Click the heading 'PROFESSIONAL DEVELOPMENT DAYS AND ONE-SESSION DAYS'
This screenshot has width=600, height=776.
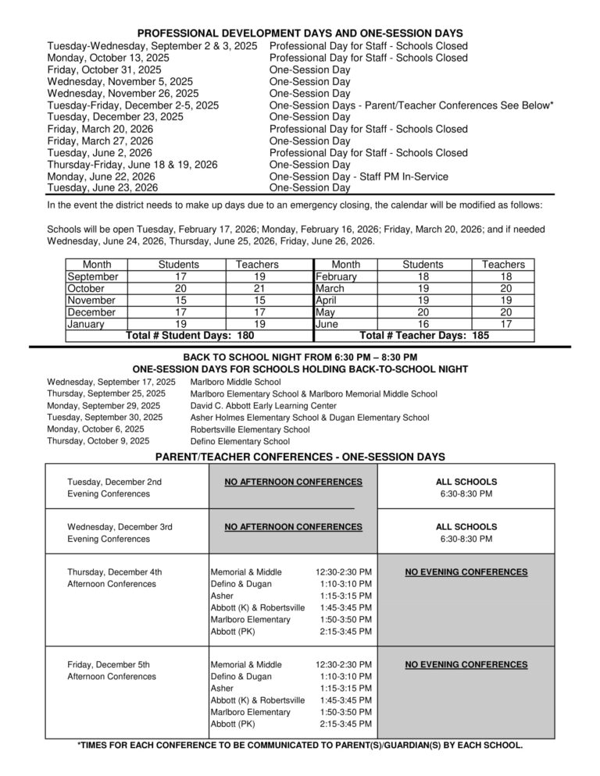tap(300, 34)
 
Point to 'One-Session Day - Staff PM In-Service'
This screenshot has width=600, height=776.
tap(359, 176)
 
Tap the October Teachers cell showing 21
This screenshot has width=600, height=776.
tap(257, 288)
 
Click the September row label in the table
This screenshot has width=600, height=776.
tap(93, 276)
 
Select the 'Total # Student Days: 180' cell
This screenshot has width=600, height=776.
tap(190, 336)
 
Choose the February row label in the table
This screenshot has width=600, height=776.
tap(336, 276)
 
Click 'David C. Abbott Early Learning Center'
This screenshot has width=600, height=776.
tap(263, 406)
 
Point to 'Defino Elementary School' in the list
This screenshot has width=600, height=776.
tap(239, 441)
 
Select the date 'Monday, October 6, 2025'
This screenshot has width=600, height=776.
tap(95, 429)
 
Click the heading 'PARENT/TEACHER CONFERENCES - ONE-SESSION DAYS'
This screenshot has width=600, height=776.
tap(300, 456)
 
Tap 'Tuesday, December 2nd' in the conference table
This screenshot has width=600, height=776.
tap(115, 482)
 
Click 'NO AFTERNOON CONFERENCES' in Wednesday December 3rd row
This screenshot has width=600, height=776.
tap(293, 527)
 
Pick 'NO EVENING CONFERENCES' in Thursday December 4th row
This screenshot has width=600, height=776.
tap(466, 572)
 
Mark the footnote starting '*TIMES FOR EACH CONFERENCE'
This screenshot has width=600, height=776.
tap(300, 745)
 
